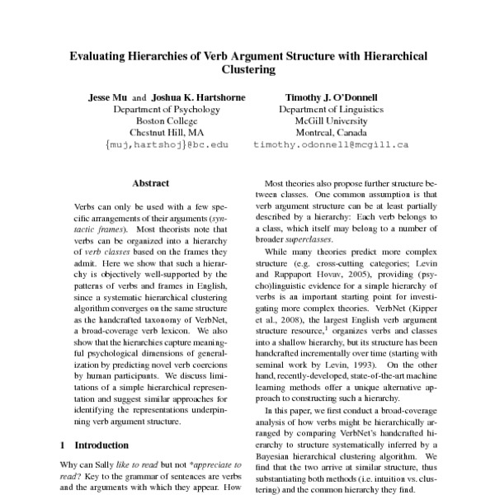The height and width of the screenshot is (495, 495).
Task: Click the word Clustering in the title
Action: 247,71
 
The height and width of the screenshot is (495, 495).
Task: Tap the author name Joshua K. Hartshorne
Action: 197,97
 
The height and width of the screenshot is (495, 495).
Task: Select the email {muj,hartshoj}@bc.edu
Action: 166,144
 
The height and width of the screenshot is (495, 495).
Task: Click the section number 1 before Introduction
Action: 64,445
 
